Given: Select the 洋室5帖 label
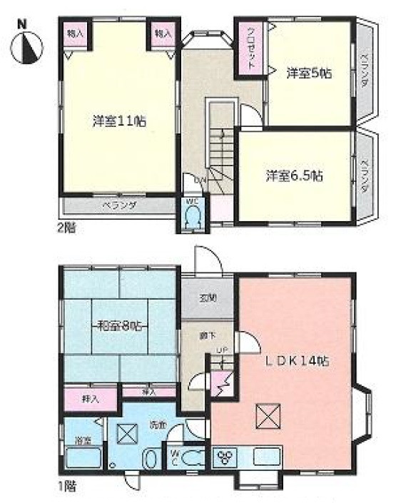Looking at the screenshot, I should pyautogui.click(x=309, y=73).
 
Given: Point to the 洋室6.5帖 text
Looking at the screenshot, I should pyautogui.click(x=295, y=175).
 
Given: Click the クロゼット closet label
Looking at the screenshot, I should pyautogui.click(x=252, y=46).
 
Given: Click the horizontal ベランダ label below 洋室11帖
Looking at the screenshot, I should pyautogui.click(x=119, y=205).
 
